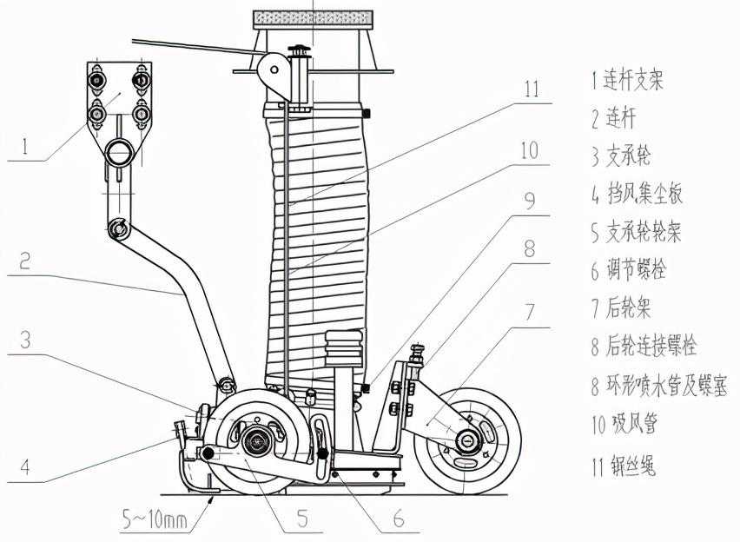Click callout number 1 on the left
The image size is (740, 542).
(x=25, y=147)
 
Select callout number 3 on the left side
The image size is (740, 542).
(x=25, y=341)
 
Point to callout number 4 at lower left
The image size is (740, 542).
(x=25, y=466)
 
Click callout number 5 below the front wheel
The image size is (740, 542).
(x=302, y=519)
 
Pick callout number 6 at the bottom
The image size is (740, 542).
(x=398, y=519)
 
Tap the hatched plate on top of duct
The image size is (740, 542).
(x=310, y=17)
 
